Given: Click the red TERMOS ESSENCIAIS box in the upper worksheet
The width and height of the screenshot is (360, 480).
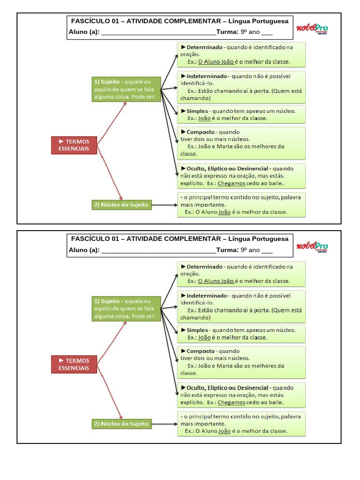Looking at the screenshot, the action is (x=74, y=145).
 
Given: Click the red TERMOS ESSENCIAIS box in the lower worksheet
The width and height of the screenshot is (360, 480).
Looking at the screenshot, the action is (x=74, y=364).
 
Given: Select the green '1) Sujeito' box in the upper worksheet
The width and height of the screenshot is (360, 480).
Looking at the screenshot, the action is (x=126, y=90).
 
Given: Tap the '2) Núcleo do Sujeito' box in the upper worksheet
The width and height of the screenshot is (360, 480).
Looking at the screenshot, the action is (x=121, y=205).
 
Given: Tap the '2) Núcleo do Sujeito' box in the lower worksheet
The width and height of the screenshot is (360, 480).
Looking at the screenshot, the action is (x=121, y=424).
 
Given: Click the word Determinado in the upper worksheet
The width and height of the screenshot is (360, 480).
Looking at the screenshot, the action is (x=204, y=47).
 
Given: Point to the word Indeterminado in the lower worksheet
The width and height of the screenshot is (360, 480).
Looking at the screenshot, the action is (x=207, y=296).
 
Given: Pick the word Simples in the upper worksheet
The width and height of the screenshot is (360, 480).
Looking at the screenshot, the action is (x=197, y=112).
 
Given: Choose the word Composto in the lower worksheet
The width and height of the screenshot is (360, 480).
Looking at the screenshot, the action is (x=201, y=352).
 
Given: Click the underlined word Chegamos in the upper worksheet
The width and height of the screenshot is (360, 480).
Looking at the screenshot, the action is (x=231, y=184).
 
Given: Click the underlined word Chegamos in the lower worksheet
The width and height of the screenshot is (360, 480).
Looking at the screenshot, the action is (x=231, y=403).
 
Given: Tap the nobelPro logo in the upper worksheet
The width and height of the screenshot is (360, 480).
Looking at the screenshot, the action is (x=312, y=29).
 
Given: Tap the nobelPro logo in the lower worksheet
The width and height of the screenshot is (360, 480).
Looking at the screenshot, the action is (x=312, y=247).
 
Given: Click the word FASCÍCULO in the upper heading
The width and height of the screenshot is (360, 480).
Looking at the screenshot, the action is (x=90, y=21).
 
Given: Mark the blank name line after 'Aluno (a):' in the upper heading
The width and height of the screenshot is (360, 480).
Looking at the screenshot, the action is (x=158, y=35).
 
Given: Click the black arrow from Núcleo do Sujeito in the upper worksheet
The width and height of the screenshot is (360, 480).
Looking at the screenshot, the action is (x=165, y=205).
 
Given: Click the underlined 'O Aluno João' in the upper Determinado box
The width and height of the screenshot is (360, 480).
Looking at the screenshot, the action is (x=216, y=62).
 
